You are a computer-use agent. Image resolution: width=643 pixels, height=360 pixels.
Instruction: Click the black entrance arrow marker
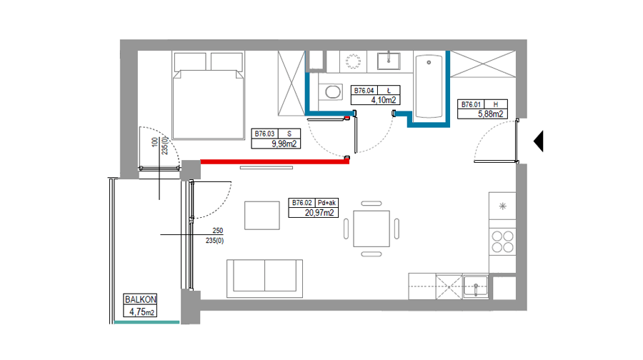click(539, 141)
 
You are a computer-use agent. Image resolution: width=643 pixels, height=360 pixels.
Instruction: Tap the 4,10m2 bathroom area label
click(384, 100)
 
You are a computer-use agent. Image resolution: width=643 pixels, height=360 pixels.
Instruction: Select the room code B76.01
click(471, 104)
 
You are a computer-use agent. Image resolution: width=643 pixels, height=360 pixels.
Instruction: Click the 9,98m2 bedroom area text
click(284, 144)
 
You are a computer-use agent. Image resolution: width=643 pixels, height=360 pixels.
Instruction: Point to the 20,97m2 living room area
click(319, 213)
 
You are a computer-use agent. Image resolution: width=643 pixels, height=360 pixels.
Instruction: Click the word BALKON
click(140, 299)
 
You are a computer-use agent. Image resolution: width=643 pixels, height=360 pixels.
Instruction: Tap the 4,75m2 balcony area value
click(141, 312)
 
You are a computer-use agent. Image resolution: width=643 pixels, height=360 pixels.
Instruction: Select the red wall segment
click(275, 162)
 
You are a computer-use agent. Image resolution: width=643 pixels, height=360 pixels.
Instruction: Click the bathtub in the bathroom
click(429, 86)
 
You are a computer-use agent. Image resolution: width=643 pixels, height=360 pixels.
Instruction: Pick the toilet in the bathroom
click(332, 91)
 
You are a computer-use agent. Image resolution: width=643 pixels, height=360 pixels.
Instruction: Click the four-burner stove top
click(502, 241)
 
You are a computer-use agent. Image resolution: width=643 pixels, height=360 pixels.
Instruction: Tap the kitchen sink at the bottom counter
click(476, 286)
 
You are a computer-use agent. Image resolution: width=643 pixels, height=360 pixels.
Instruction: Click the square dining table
click(372, 229)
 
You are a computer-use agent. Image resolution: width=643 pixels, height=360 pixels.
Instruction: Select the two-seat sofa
click(264, 279)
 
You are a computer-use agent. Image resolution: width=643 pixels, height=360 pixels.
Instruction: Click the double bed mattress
click(209, 104)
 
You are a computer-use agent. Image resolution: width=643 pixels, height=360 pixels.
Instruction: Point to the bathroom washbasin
click(389, 61)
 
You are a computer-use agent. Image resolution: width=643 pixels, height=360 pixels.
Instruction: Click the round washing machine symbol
click(353, 61)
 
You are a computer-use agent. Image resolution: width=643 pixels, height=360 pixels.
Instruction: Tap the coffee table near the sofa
click(262, 215)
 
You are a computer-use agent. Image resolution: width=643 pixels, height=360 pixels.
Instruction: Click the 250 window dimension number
click(218, 231)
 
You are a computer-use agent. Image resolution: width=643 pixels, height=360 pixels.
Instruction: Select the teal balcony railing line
click(146, 322)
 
